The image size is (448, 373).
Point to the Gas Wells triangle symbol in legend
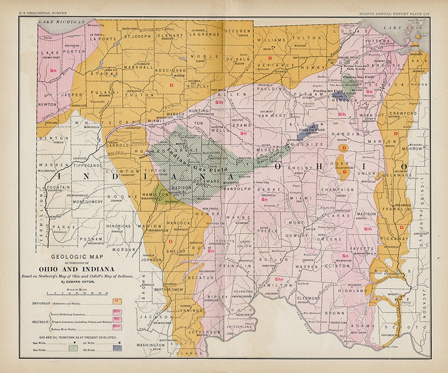point(75,343)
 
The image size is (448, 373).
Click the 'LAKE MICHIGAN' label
point(61,22)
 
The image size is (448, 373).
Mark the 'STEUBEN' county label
point(237,31)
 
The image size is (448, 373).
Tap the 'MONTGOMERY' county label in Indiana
point(88,201)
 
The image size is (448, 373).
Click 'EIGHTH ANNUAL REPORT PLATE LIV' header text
point(394,14)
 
